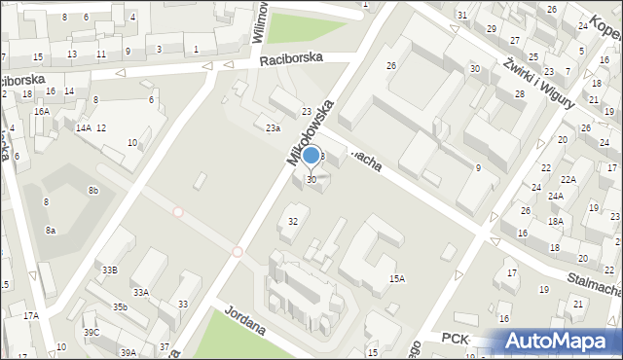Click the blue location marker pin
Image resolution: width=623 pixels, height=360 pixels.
pyautogui.click(x=311, y=157)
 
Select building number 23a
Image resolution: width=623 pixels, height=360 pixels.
pyautogui.click(x=274, y=127)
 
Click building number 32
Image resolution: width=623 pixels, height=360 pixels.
pyautogui.click(x=293, y=221)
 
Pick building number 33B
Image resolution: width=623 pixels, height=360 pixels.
pyautogui.click(x=110, y=270)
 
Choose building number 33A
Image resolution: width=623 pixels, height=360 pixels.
pyautogui.click(x=141, y=292)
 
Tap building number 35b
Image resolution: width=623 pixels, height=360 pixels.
pyautogui.click(x=120, y=307)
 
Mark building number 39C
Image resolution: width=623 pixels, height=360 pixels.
pyautogui.click(x=92, y=333)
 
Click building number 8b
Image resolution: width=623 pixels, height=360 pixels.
pyautogui.click(x=92, y=191)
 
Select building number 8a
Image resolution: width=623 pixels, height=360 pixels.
pyautogui.click(x=51, y=231)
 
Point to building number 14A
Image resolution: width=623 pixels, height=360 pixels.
pyautogui.click(x=84, y=128)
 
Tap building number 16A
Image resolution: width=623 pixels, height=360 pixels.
pyautogui.click(x=42, y=112)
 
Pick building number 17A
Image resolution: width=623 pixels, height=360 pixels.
pyautogui.click(x=31, y=315)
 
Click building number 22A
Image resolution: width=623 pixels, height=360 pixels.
pyautogui.click(x=568, y=180)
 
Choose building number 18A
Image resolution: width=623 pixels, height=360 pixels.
pyautogui.click(x=555, y=222)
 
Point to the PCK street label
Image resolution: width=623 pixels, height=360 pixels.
pyautogui.click(x=456, y=338)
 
